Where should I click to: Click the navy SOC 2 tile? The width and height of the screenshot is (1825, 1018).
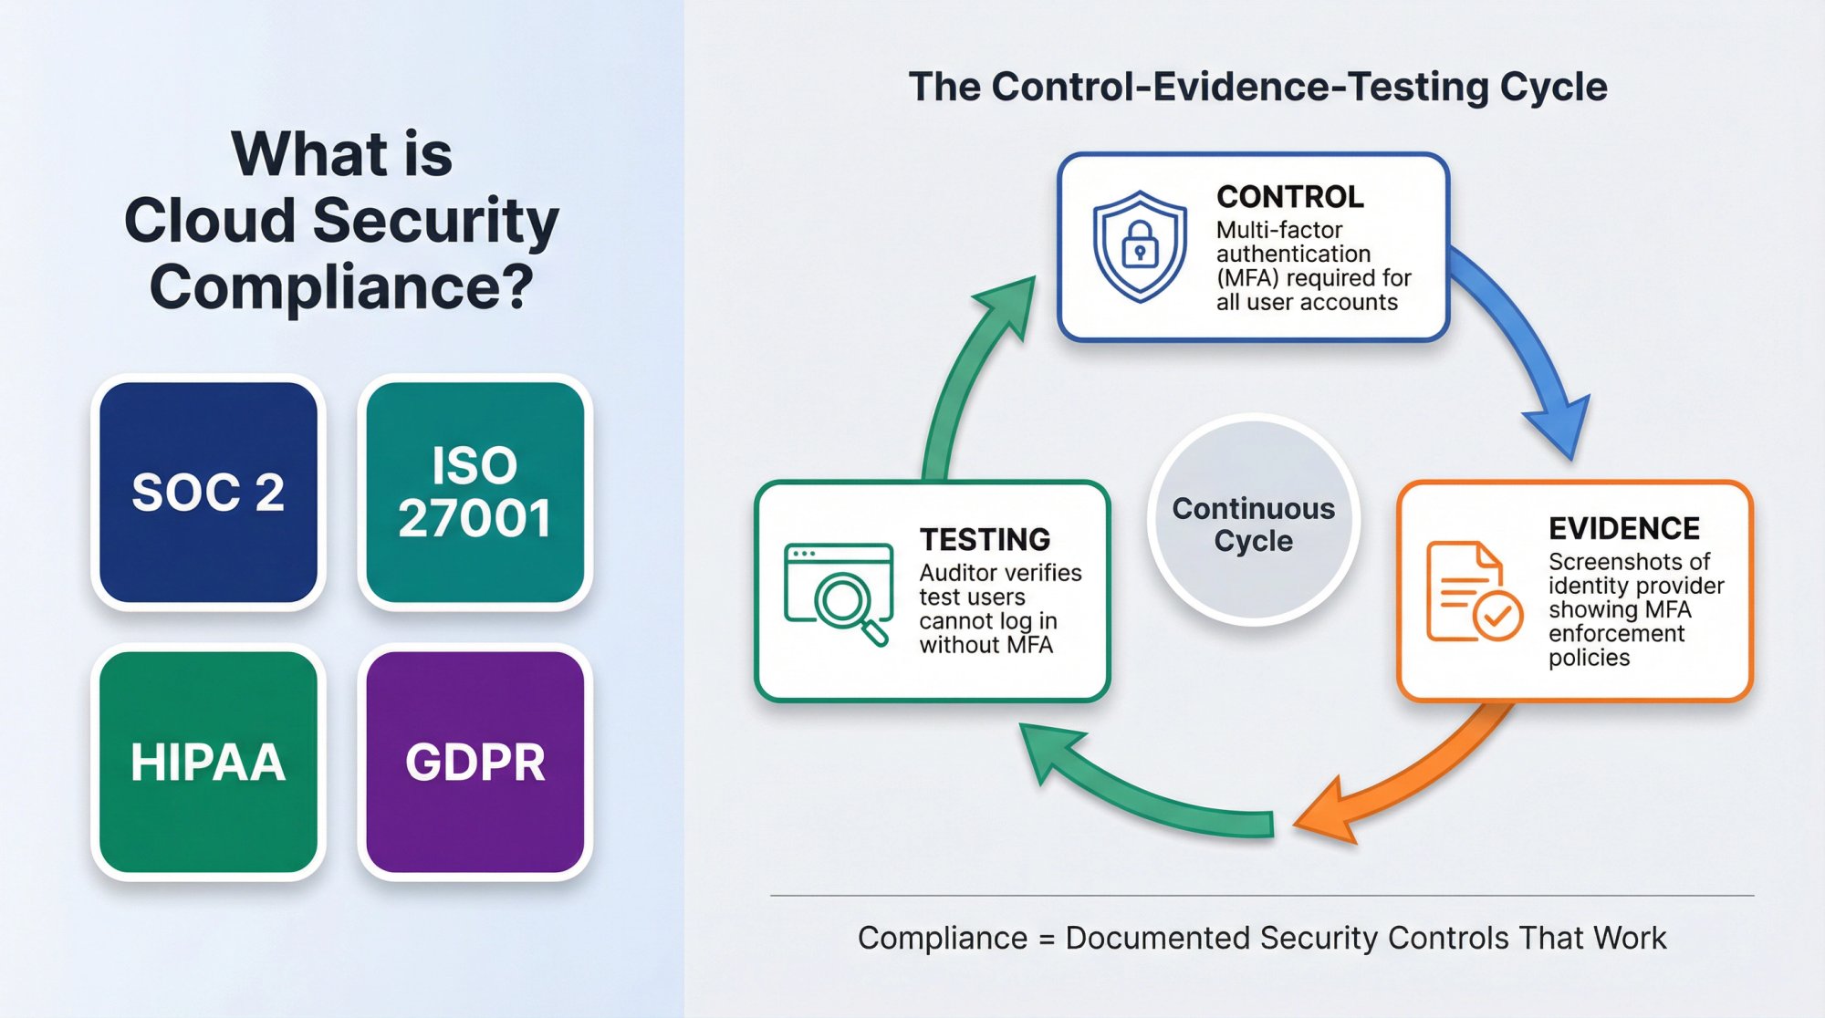pyautogui.click(x=208, y=493)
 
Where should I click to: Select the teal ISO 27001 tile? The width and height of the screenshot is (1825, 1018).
pyautogui.click(x=474, y=493)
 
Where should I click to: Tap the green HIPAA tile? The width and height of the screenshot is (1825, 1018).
pyautogui.click(x=208, y=762)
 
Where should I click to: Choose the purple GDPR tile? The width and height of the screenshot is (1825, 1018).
pyautogui.click(x=474, y=762)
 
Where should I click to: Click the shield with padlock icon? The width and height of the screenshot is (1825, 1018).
pyautogui.click(x=1140, y=246)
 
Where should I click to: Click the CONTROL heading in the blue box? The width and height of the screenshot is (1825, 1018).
pyautogui.click(x=1290, y=197)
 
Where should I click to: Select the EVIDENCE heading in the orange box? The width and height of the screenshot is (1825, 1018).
pyautogui.click(x=1623, y=528)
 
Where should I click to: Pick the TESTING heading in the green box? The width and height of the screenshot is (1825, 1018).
pyautogui.click(x=985, y=540)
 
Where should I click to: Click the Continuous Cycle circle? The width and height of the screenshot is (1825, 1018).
pyautogui.click(x=1253, y=523)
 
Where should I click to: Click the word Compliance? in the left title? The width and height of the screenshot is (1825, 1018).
pyautogui.click(x=341, y=286)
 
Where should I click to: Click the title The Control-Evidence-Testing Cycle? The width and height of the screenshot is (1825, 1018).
pyautogui.click(x=1257, y=88)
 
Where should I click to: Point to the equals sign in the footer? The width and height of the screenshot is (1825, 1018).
pyautogui.click(x=1046, y=939)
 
